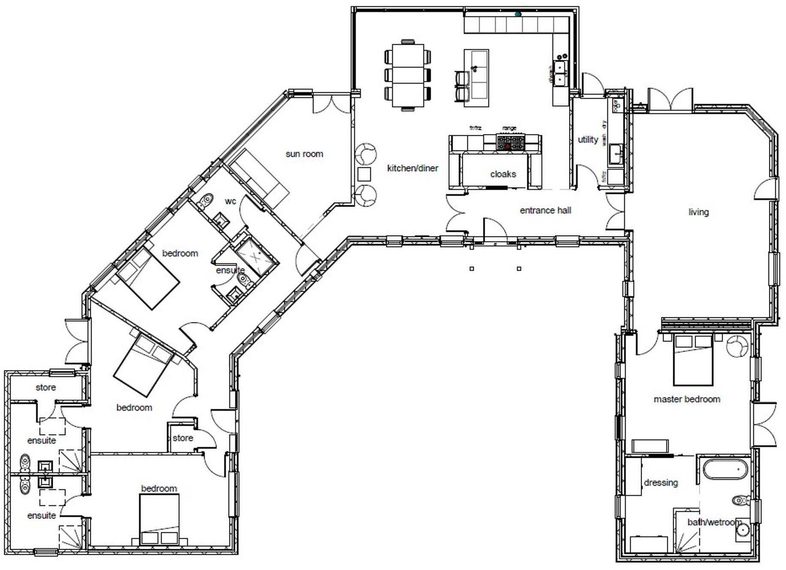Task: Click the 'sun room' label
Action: coord(304,154)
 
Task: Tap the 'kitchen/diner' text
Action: coord(412,168)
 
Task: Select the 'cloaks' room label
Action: coord(503,174)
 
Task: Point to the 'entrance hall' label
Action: coord(545,210)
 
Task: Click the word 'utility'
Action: coord(588,140)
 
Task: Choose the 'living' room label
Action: coord(698,212)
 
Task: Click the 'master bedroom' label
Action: coord(687,399)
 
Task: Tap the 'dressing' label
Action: coord(660,483)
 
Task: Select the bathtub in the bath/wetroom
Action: coord(726,469)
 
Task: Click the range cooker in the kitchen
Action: coord(510,142)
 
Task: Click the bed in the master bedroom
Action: coord(693,360)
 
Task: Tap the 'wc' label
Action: coord(230,201)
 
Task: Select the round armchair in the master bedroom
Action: coord(737,346)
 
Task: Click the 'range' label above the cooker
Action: coord(509,128)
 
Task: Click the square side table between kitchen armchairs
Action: coord(364,174)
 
